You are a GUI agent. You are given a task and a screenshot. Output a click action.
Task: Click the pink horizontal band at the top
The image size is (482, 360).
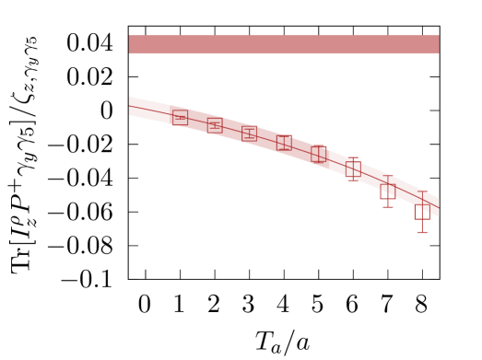[284, 44]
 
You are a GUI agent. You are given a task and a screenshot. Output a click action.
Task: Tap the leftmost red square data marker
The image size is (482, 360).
[180, 117]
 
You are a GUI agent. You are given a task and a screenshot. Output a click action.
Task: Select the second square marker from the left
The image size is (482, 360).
[215, 125]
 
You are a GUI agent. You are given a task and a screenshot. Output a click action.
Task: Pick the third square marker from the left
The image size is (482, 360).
[249, 134]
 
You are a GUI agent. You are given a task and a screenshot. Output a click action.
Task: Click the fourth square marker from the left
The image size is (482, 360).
[284, 143]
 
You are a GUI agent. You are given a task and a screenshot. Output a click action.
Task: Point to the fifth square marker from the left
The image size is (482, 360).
[319, 154]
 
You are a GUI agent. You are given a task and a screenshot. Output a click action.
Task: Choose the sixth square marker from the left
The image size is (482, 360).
[353, 169]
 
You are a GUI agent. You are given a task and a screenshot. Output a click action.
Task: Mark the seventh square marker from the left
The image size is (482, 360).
[388, 192]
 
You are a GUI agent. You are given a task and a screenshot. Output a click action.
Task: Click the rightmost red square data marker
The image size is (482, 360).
[422, 213]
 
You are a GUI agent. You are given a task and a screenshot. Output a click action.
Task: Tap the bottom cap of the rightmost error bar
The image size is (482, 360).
[422, 232]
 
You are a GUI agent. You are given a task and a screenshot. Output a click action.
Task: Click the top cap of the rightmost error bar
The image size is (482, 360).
[422, 192]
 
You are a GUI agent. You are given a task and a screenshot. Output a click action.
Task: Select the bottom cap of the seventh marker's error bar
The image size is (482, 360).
[388, 206]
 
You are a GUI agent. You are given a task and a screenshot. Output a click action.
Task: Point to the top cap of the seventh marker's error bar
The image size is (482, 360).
[388, 176]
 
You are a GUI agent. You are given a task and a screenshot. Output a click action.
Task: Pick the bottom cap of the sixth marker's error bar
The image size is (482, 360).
[353, 180]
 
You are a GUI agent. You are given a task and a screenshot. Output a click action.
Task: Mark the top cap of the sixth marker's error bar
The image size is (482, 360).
[353, 158]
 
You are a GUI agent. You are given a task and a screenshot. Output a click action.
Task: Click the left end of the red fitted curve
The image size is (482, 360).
[129, 106]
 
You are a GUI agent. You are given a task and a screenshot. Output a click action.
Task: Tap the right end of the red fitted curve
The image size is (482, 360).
[439, 207]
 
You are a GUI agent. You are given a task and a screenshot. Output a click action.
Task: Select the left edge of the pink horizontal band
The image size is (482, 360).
[130, 44]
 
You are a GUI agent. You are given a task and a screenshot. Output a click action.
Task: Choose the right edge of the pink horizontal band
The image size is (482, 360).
[438, 44]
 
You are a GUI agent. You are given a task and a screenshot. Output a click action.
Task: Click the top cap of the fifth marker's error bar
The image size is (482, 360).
[319, 145]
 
